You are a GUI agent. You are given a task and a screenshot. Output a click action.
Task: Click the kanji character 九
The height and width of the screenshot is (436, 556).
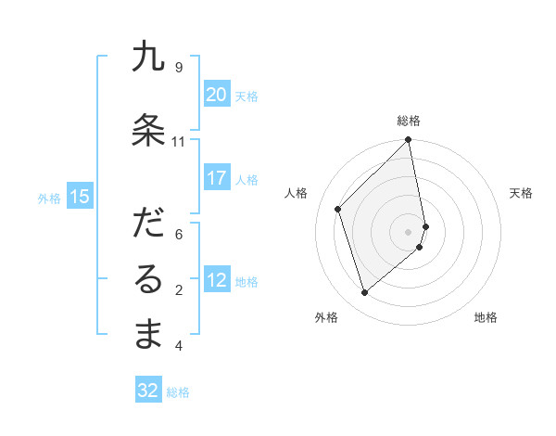(x=148, y=58)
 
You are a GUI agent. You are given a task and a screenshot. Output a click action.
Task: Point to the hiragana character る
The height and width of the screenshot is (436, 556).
(x=148, y=279)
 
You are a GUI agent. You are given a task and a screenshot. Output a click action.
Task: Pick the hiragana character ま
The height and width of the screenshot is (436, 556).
(x=148, y=335)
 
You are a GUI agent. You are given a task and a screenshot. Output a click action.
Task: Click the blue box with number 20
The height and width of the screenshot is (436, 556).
(x=216, y=95)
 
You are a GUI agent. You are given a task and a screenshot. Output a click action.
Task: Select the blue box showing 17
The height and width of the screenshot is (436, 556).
(x=216, y=178)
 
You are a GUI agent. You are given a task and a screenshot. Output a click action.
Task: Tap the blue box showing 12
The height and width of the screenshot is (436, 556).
(x=216, y=280)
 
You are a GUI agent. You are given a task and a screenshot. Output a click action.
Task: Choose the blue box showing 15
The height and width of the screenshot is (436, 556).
(x=80, y=196)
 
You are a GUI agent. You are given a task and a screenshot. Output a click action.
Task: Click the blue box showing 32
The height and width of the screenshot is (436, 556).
(x=147, y=391)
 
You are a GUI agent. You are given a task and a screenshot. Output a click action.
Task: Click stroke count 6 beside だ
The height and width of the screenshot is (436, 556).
(x=178, y=234)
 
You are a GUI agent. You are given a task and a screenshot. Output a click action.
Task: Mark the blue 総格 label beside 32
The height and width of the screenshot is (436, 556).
(x=178, y=392)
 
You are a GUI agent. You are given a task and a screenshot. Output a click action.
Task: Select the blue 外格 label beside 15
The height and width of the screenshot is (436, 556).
(x=49, y=198)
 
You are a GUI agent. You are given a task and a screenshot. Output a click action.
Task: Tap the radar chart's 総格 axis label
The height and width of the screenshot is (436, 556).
(x=409, y=121)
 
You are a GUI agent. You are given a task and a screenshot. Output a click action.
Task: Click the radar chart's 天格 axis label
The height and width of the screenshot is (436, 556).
(x=521, y=193)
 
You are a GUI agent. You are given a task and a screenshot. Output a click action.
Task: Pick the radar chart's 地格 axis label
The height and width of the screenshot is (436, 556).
(x=486, y=317)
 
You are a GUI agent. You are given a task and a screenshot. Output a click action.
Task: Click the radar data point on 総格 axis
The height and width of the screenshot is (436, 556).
(x=409, y=141)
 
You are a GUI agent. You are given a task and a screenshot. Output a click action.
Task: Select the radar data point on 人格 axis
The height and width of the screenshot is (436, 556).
(x=338, y=209)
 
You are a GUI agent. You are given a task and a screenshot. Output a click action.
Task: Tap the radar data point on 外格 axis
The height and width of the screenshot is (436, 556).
(x=364, y=292)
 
